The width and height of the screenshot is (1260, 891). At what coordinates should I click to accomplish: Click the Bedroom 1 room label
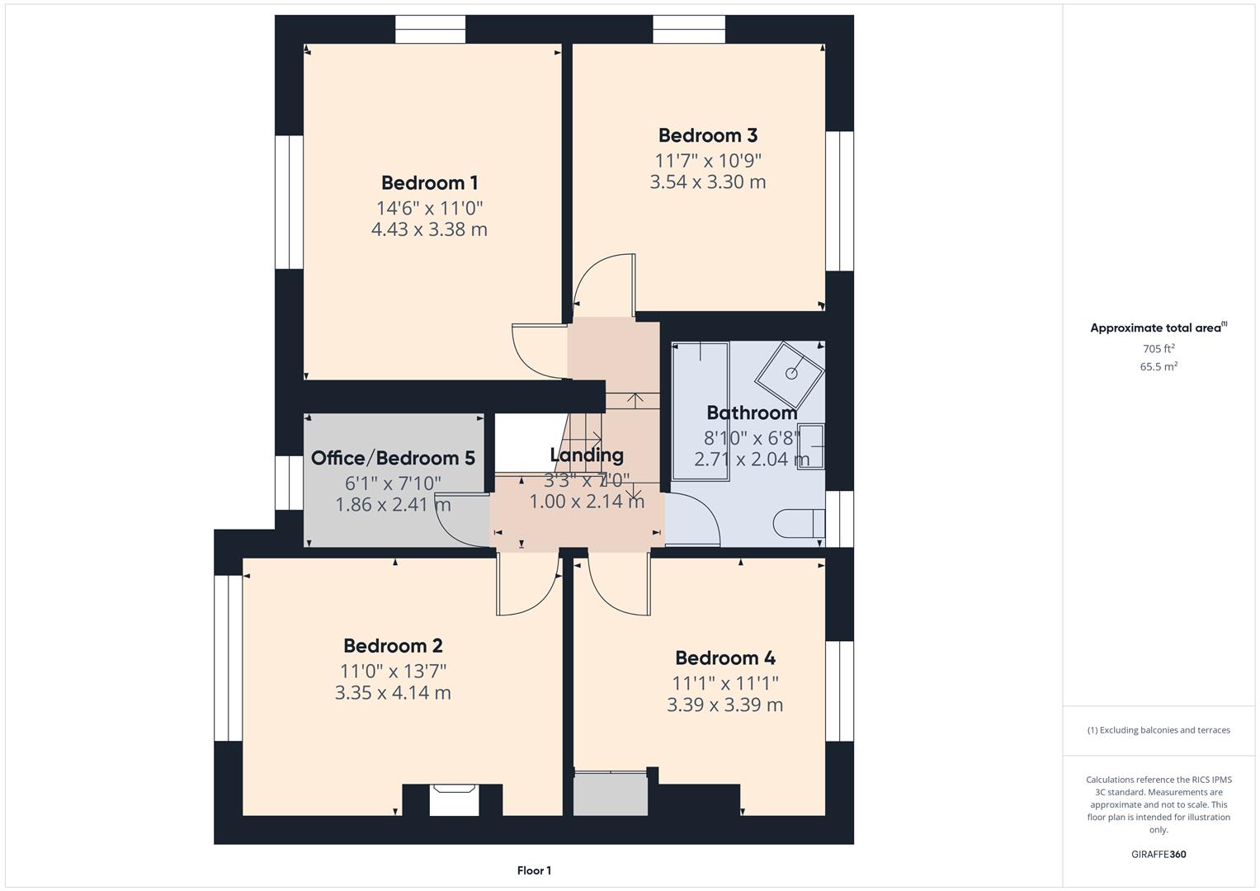[x=429, y=182]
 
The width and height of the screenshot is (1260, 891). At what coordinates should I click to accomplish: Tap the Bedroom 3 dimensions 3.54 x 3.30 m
[x=707, y=182]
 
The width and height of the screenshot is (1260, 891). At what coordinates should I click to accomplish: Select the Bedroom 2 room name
[x=393, y=645]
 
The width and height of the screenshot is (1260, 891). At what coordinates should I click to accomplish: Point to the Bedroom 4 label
[x=724, y=658]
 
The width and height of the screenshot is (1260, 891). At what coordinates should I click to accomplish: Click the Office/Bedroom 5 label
[x=393, y=458]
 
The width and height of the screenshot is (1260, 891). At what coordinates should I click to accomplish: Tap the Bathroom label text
[x=752, y=412]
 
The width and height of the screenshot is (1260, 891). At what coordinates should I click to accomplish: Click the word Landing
[x=586, y=455]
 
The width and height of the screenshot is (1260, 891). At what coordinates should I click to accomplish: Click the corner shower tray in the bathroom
[x=790, y=371]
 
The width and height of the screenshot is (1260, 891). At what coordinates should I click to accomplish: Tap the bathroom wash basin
[x=811, y=446]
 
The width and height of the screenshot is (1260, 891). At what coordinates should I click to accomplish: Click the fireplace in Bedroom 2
[x=454, y=799]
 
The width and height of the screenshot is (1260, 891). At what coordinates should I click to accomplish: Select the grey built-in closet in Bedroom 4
[x=611, y=793]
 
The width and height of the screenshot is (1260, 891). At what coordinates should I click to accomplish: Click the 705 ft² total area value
[x=1158, y=349]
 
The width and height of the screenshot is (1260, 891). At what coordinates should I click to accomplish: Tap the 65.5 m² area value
[x=1158, y=367]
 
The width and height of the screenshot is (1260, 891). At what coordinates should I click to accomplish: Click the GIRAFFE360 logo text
[x=1158, y=854]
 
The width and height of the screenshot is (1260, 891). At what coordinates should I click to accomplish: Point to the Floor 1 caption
[x=534, y=870]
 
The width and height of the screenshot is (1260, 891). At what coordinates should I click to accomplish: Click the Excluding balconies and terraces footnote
[x=1158, y=730]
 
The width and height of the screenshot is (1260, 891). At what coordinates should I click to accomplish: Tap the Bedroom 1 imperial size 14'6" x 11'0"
[x=429, y=208]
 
